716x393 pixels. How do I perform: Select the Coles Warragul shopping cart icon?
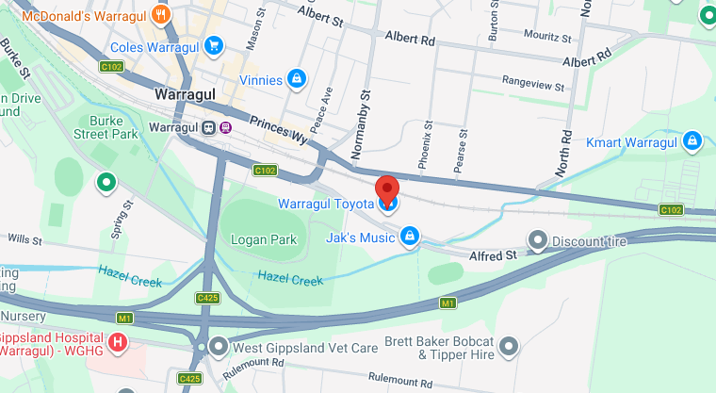(215, 45)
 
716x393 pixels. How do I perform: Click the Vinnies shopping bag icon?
(297, 79)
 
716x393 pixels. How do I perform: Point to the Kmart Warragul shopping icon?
(692, 142)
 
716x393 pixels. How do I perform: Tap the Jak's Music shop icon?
(410, 237)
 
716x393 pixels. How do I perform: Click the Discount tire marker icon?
(538, 241)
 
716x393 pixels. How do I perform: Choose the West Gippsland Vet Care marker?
(220, 348)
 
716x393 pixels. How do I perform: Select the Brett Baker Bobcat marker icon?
(510, 347)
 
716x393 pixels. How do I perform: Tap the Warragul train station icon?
(207, 128)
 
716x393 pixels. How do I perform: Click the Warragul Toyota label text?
(325, 204)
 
